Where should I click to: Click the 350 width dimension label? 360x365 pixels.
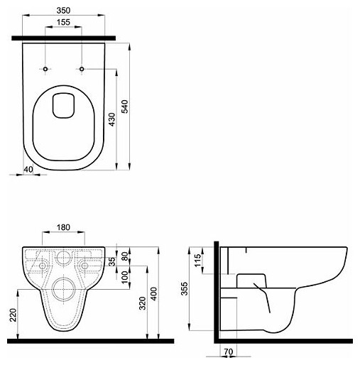[63, 11]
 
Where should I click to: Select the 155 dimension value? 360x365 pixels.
[63, 22]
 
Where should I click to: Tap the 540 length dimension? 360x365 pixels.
[125, 107]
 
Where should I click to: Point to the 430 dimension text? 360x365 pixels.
[112, 119]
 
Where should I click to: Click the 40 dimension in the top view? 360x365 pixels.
[28, 170]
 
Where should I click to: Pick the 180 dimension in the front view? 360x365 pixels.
[63, 227]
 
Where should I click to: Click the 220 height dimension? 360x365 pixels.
[13, 315]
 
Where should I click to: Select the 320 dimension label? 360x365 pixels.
[142, 303]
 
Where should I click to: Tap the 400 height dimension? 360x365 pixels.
[154, 294]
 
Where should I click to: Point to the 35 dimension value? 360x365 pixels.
[112, 261]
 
